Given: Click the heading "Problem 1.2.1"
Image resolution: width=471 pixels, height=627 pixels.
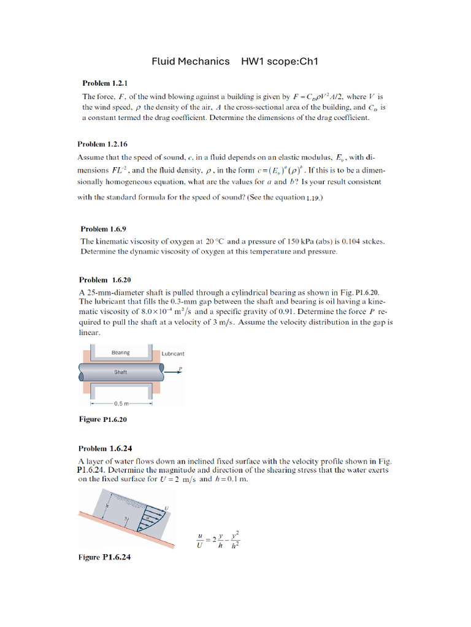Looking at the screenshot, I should click(x=104, y=83).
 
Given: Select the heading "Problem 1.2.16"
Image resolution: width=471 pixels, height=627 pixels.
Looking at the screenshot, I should click(x=102, y=145).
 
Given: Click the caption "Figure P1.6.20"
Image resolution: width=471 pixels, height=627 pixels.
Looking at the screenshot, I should click(x=102, y=419).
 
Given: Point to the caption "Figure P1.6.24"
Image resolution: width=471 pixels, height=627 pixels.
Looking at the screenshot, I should click(x=104, y=557).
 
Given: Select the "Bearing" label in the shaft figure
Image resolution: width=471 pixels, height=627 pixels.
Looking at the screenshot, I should click(x=120, y=352).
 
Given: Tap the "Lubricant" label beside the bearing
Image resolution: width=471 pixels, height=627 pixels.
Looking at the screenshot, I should click(x=173, y=354).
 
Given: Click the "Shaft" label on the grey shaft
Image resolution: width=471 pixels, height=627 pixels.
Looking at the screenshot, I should click(x=120, y=372).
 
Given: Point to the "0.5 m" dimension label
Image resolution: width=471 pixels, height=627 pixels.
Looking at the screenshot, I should click(x=121, y=404).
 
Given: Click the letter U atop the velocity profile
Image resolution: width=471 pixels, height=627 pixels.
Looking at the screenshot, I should click(x=167, y=508).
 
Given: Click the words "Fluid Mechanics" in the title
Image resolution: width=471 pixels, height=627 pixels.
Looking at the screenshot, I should click(x=190, y=61).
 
